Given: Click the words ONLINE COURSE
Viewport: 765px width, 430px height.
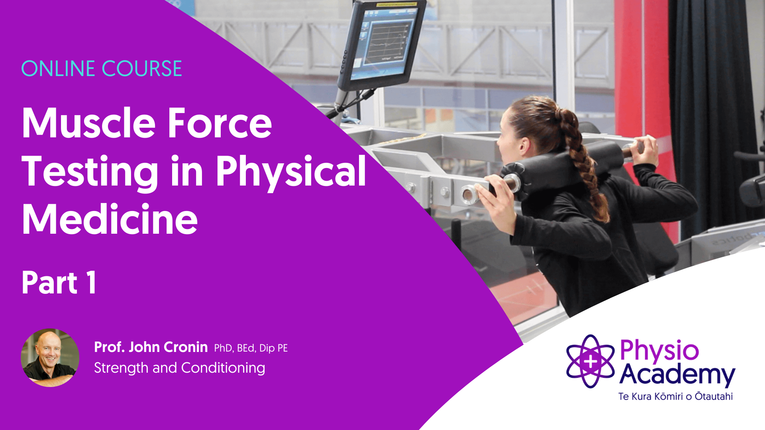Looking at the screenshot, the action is click(102, 68).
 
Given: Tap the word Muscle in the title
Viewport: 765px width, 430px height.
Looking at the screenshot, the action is click(89, 123).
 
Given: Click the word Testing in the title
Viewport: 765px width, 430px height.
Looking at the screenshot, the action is click(90, 172).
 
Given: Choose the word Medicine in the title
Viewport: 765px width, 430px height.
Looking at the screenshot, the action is click(110, 219).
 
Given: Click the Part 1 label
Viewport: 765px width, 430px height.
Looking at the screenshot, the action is click(59, 283).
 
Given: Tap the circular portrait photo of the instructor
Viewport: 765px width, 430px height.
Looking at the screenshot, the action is click(50, 358).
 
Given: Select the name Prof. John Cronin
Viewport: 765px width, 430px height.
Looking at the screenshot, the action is click(151, 347).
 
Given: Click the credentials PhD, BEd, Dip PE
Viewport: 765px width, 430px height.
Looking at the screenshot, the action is click(251, 348).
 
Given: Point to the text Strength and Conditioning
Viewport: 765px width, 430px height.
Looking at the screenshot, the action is click(180, 368).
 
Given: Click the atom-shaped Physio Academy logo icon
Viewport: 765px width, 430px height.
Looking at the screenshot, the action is click(590, 361).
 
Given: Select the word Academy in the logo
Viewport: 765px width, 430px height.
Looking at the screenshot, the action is click(677, 375).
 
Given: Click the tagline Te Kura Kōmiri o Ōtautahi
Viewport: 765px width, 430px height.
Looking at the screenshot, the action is click(676, 396).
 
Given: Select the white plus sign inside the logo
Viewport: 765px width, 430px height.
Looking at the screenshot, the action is click(590, 362).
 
